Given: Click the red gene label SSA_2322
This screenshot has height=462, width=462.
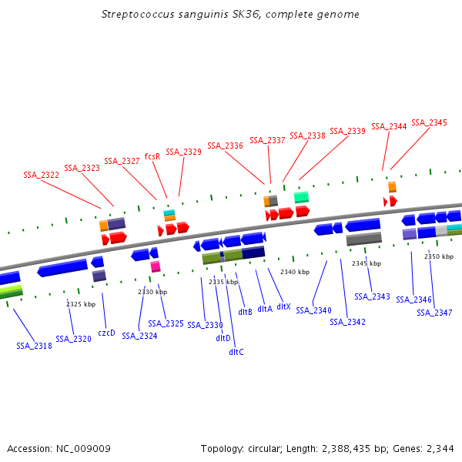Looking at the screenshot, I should click(x=42, y=175).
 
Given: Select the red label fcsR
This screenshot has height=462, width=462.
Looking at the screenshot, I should click(x=152, y=156).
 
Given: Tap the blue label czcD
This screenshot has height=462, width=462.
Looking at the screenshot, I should click(x=106, y=333).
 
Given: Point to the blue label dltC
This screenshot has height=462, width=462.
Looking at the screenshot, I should click(x=236, y=352).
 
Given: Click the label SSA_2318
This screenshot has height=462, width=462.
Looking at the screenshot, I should click(x=34, y=346).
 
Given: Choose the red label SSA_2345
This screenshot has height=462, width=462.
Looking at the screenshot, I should click(x=429, y=122).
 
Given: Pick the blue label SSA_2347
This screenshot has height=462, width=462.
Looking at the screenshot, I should click(x=435, y=313).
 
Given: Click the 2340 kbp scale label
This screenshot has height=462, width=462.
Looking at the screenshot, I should click(x=295, y=272).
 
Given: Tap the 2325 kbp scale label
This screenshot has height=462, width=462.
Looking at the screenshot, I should click(x=81, y=304).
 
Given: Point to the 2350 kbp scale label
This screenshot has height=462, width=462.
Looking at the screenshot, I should click(x=439, y=256).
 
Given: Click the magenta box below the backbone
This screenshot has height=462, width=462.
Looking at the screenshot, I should click(x=156, y=266).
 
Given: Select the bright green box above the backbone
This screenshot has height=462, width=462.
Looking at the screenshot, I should click(x=301, y=197).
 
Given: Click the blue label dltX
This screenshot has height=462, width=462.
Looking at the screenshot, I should click(x=283, y=306).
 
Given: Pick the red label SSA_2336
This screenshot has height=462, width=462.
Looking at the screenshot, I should click(x=225, y=146).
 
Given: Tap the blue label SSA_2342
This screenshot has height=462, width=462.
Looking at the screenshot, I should click(x=347, y=321).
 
